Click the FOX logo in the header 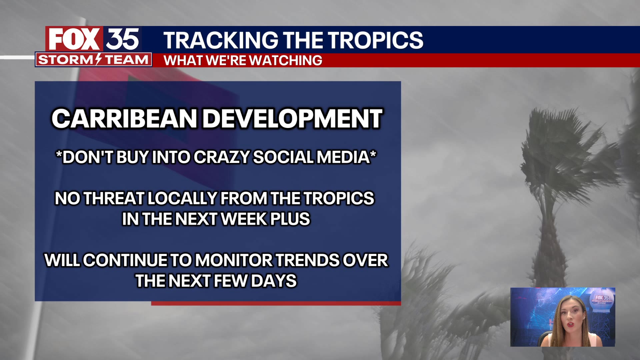(x=74, y=39)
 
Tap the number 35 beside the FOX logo (x=122, y=39)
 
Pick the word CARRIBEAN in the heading (x=124, y=119)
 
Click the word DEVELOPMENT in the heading (x=293, y=119)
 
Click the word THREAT (x=114, y=198)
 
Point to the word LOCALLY (x=182, y=198)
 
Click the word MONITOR (x=234, y=260)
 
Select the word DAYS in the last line (x=274, y=281)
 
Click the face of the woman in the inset (x=571, y=317)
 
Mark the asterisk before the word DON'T (x=59, y=154)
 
